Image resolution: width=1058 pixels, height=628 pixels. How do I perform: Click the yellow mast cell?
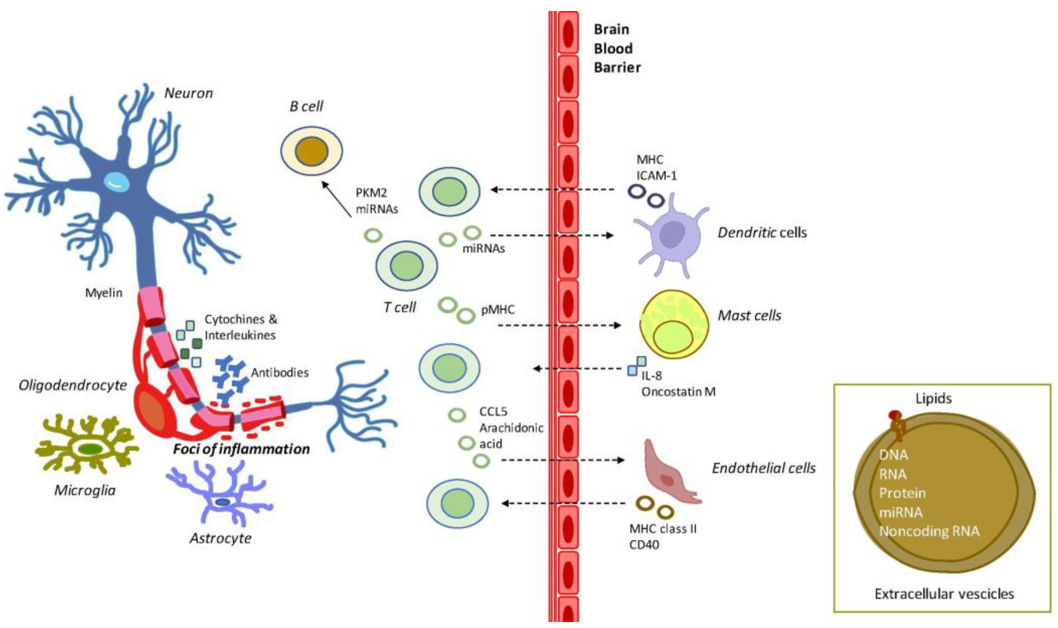pos(672,324)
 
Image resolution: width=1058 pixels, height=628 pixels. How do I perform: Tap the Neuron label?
pos(188,93)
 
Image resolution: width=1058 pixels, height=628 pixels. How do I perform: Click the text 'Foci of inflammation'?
pos(241,449)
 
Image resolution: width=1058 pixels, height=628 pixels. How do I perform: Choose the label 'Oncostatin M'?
pos(678,392)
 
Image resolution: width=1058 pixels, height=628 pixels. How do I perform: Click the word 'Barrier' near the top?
pos(617,67)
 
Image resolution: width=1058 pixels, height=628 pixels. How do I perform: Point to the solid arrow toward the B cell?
pos(336,199)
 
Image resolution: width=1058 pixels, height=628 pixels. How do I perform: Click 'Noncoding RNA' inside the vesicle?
pos(929,531)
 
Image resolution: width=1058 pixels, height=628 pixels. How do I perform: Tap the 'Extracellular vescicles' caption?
pos(944,594)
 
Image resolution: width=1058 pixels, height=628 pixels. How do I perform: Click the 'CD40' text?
pos(644,545)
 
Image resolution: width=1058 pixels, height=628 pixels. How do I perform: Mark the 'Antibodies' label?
pos(279,373)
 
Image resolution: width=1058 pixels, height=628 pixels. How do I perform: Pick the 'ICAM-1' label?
pos(656,175)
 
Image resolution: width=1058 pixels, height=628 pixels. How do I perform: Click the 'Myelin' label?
pos(104,293)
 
